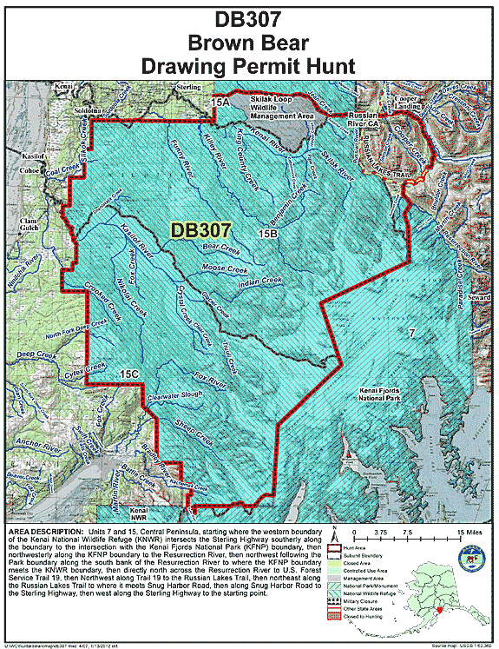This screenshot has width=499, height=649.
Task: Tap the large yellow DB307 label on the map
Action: pos(200,230)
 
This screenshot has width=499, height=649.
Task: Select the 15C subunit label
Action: pos(128,374)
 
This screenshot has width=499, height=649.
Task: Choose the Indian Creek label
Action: pos(259,281)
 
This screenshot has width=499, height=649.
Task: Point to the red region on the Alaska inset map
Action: pos(439,611)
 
